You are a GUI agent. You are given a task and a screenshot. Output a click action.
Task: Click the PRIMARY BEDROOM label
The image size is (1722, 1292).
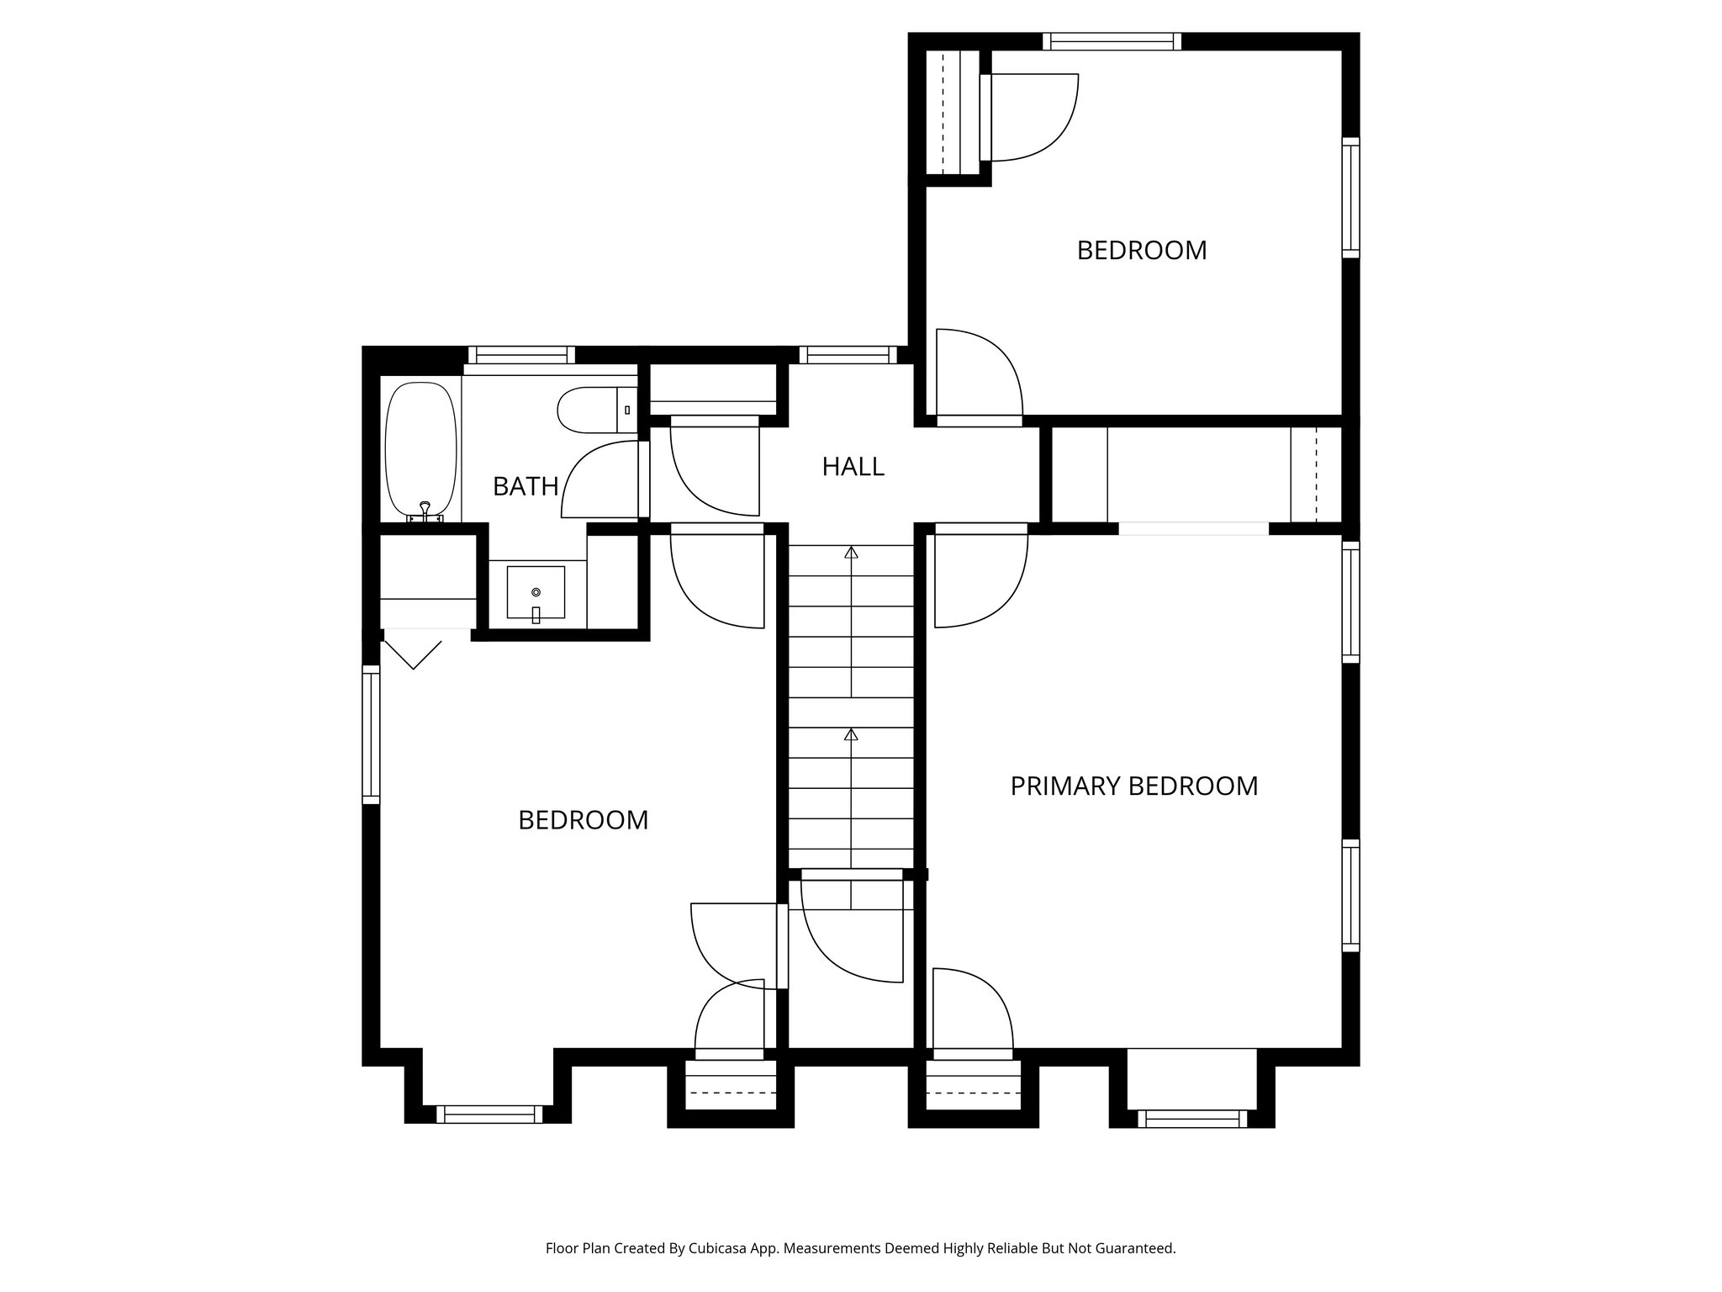click(1133, 786)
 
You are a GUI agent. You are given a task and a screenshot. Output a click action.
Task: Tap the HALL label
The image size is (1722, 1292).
click(853, 466)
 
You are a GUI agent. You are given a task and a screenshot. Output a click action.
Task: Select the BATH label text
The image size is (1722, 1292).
click(526, 486)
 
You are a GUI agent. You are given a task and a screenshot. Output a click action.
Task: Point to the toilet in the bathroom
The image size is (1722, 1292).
click(592, 410)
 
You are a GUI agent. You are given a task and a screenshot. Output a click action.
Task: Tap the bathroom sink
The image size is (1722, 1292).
click(536, 593)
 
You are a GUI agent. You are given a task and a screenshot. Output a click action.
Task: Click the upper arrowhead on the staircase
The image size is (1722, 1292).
click(851, 553)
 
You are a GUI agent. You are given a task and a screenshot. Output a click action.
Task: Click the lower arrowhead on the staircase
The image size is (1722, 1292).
click(851, 734)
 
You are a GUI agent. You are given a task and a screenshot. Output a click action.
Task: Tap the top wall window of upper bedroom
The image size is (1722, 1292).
click(1112, 41)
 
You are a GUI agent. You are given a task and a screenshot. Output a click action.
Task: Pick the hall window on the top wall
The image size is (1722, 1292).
click(848, 355)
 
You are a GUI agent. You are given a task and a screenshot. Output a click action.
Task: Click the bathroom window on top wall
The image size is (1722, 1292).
click(521, 355)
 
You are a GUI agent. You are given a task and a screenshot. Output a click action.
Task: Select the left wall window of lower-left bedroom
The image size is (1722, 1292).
click(371, 733)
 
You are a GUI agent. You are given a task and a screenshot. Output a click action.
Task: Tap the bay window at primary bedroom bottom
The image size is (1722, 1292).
click(1192, 1118)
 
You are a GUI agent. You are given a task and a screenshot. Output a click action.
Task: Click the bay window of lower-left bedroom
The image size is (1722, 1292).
click(489, 1115)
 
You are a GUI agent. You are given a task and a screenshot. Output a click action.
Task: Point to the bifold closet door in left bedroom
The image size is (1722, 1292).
click(413, 653)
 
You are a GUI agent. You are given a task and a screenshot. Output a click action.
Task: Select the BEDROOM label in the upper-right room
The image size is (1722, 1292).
click(1141, 251)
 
